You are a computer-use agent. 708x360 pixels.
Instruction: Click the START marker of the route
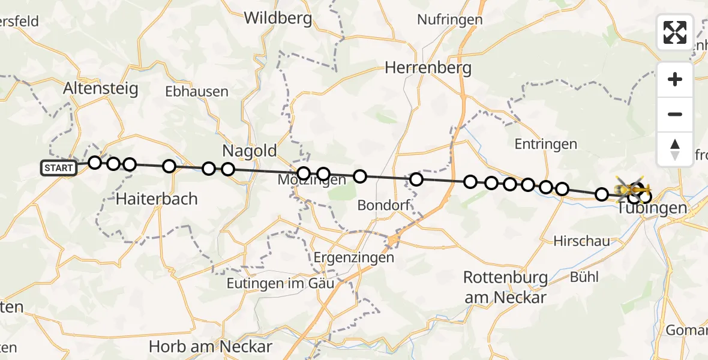pos(59,168)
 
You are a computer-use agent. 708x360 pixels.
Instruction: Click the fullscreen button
pos(675,32)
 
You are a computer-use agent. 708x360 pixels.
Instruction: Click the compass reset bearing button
pos(675,149)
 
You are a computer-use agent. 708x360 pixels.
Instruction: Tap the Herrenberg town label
pos(428,68)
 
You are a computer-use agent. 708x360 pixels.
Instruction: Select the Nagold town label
pos(250,150)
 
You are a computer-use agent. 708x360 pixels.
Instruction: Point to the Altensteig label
pos(101,89)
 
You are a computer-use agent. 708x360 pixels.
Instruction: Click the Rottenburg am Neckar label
pos(505,287)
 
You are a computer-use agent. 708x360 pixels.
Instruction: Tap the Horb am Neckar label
pos(211,346)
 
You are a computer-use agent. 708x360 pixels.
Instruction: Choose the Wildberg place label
pos(278,18)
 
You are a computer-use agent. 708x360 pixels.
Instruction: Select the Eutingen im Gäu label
pos(280,283)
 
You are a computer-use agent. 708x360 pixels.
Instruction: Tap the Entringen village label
pos(545,144)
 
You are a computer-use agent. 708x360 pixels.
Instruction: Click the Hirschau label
pos(581,241)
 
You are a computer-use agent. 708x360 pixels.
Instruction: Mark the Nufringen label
pos(449,20)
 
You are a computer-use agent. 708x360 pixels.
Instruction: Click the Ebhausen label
pos(197,92)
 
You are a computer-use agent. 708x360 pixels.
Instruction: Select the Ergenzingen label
pos(354,257)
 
